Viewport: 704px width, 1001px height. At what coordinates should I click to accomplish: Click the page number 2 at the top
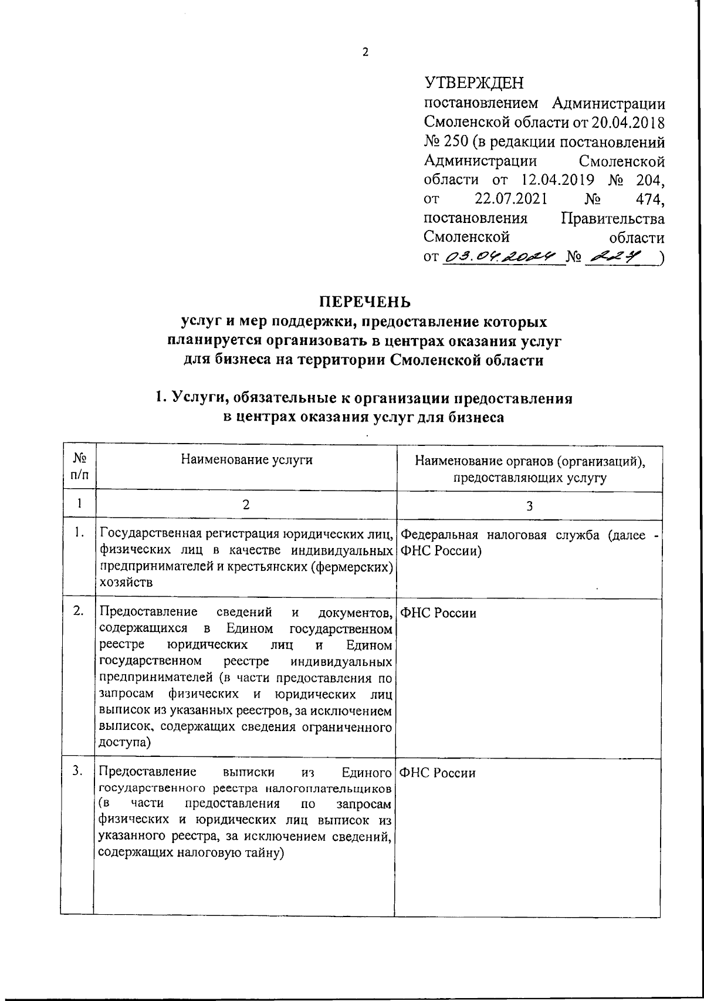pyautogui.click(x=365, y=52)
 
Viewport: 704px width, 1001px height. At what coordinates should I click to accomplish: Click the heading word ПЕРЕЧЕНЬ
pyautogui.click(x=364, y=302)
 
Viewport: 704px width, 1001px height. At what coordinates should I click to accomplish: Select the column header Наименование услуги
pyautogui.click(x=246, y=459)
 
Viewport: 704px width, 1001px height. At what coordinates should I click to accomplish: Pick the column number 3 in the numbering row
pyautogui.click(x=529, y=506)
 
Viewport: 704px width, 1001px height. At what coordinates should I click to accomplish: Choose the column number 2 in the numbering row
pyautogui.click(x=246, y=505)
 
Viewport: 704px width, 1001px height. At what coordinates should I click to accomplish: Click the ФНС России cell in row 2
pyautogui.click(x=438, y=614)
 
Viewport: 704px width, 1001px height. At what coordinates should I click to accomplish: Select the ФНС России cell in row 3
pyautogui.click(x=438, y=773)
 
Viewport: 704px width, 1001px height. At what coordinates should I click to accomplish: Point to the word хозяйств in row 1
pyautogui.click(x=126, y=583)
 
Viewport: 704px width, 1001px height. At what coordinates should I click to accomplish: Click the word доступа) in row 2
pyautogui.click(x=125, y=742)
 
